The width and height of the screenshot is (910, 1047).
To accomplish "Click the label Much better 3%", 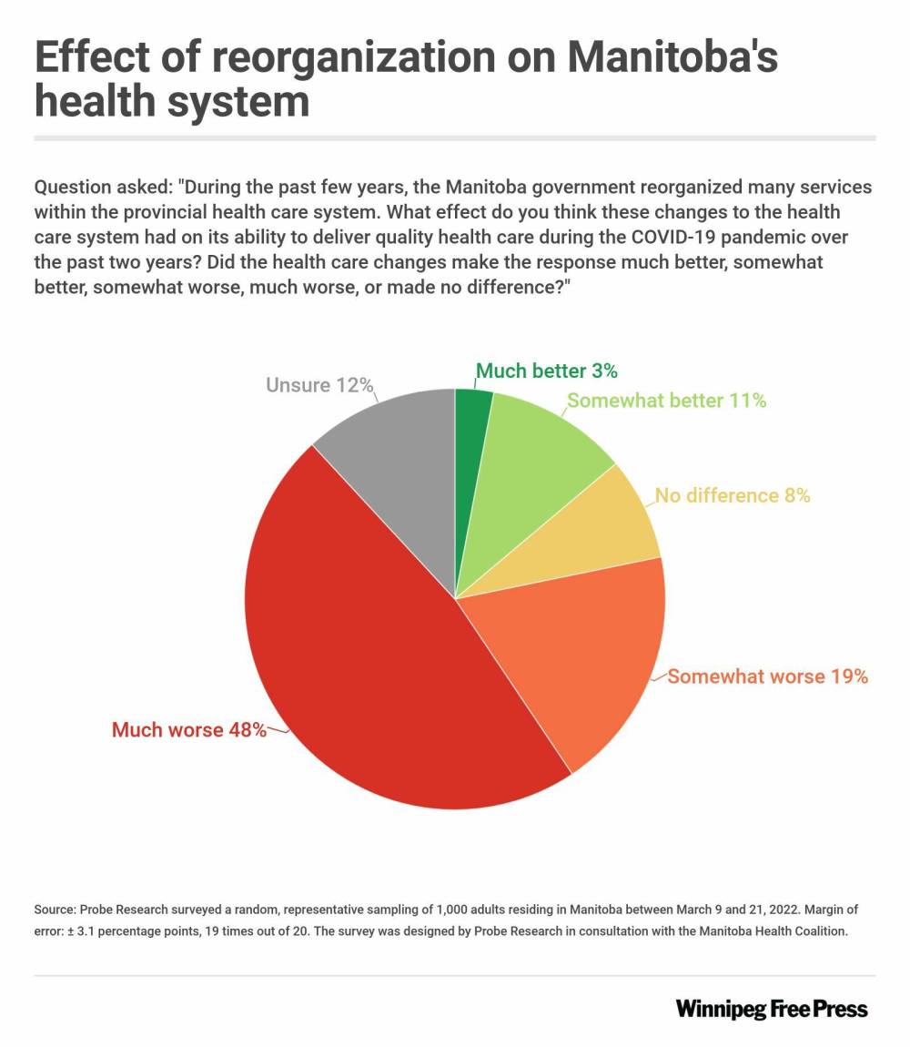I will pyautogui.click(x=547, y=371).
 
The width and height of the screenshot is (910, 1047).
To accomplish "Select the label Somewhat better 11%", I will pyautogui.click(x=666, y=401).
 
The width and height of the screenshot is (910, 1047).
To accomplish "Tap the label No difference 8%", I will pyautogui.click(x=733, y=496).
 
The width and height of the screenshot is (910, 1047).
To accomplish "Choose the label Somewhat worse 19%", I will pyautogui.click(x=767, y=676).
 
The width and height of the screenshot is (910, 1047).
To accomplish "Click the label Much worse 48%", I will pyautogui.click(x=188, y=729).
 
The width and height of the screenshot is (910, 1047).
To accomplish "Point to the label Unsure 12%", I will pyautogui.click(x=319, y=385).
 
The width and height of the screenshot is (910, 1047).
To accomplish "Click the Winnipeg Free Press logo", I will pyautogui.click(x=772, y=1009).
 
